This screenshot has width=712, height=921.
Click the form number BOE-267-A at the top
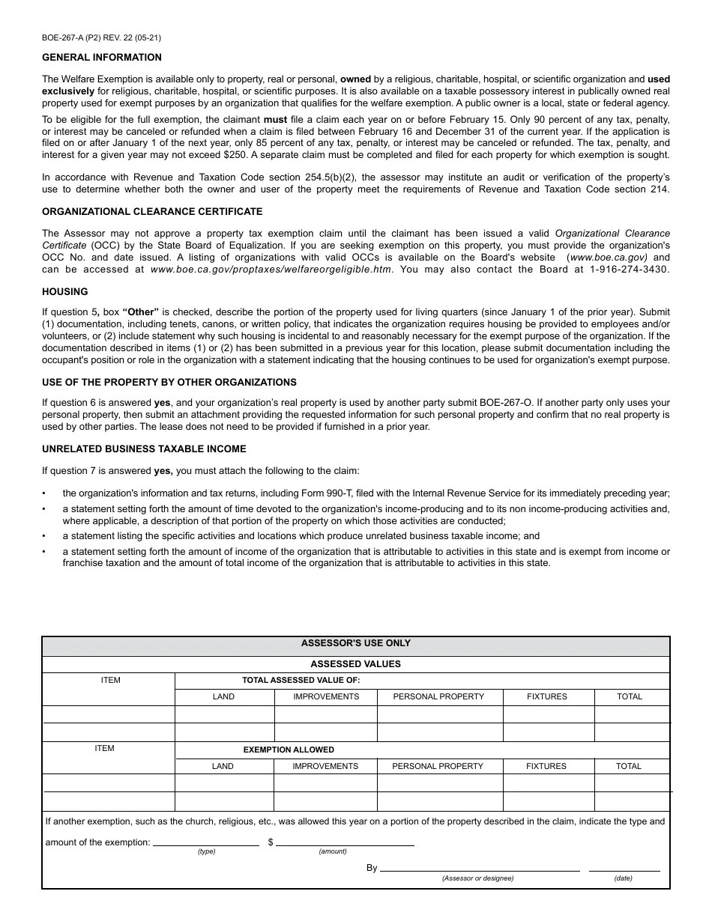(x=67, y=37)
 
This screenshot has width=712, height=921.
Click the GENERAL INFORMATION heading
(x=102, y=58)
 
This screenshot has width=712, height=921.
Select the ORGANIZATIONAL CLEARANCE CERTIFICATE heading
(x=152, y=212)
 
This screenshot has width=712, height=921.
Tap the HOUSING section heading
(x=65, y=292)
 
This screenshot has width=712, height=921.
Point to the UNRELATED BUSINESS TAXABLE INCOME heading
(x=144, y=449)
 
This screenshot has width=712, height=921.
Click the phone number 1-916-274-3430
(x=629, y=270)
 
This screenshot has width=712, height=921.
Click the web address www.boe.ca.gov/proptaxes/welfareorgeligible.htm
(x=271, y=270)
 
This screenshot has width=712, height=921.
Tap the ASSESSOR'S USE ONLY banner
(x=356, y=643)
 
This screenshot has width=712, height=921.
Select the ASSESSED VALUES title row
(x=356, y=664)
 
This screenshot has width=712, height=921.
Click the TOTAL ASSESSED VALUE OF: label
(x=301, y=681)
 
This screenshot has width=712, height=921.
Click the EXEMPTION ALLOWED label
(x=289, y=750)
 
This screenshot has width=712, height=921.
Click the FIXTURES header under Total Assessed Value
(x=547, y=696)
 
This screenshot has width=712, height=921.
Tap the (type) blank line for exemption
(x=206, y=843)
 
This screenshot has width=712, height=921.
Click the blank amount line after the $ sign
(x=345, y=843)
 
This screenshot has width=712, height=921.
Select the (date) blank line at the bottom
(x=624, y=869)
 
